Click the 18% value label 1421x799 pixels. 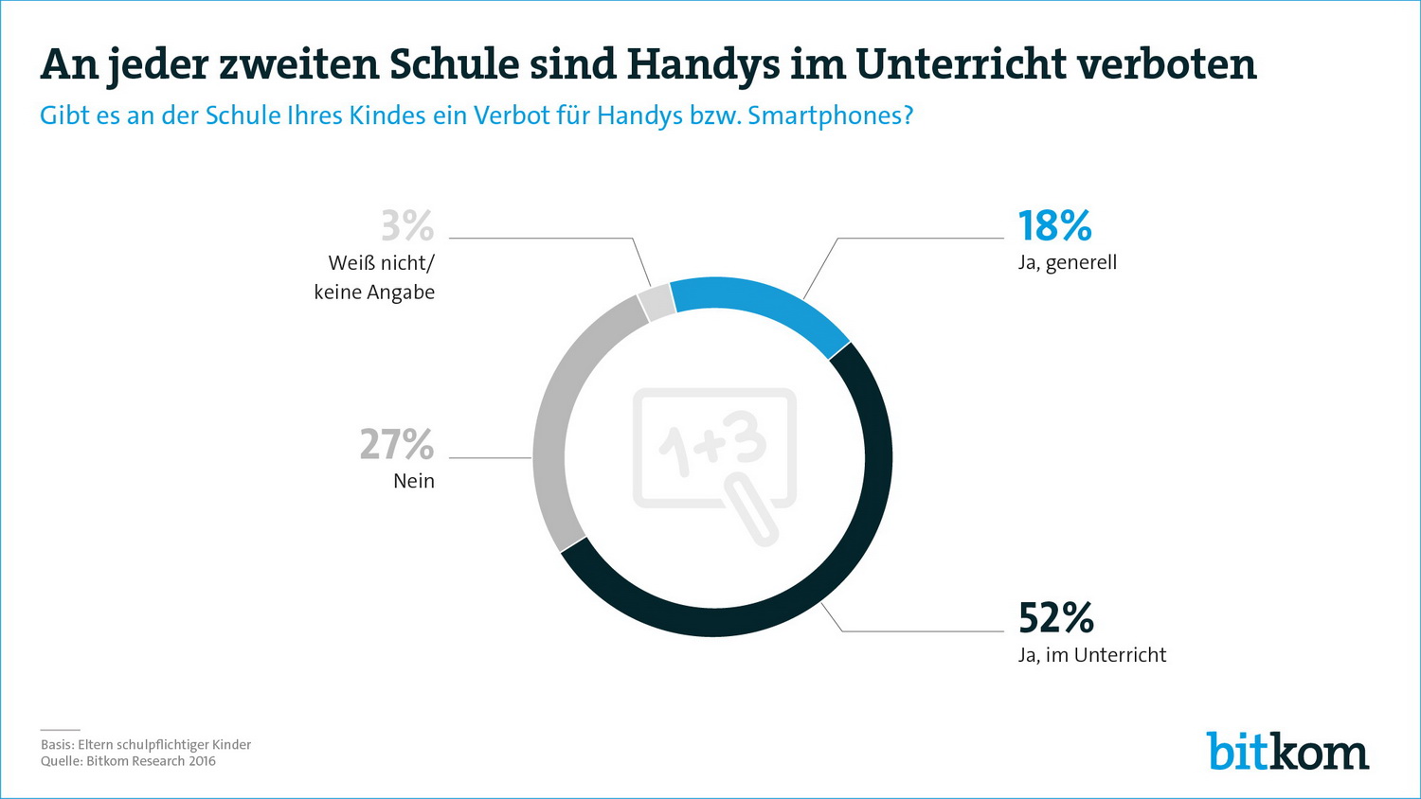pyautogui.click(x=1054, y=226)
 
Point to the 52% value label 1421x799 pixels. pyautogui.click(x=1055, y=618)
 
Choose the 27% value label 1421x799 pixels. pyautogui.click(x=397, y=444)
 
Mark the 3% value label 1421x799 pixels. pyautogui.click(x=407, y=226)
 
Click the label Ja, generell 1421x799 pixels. pyautogui.click(x=1068, y=262)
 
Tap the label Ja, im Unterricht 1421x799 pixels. pyautogui.click(x=1092, y=655)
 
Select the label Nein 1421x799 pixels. pyautogui.click(x=414, y=481)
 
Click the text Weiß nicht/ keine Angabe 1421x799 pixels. pyautogui.click(x=375, y=277)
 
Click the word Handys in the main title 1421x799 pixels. pyautogui.click(x=703, y=64)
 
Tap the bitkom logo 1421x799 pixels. pyautogui.click(x=1287, y=752)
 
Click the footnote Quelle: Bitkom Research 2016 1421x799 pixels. pyautogui.click(x=128, y=761)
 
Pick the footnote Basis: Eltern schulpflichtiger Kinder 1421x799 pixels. pyautogui.click(x=146, y=745)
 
